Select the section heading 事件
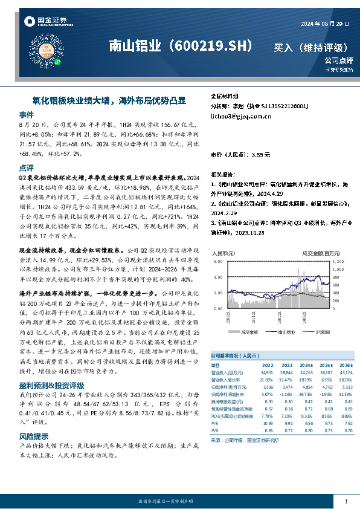[27, 114]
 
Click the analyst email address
[234, 115]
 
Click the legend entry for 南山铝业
[285, 332]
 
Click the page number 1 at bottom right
[346, 502]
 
